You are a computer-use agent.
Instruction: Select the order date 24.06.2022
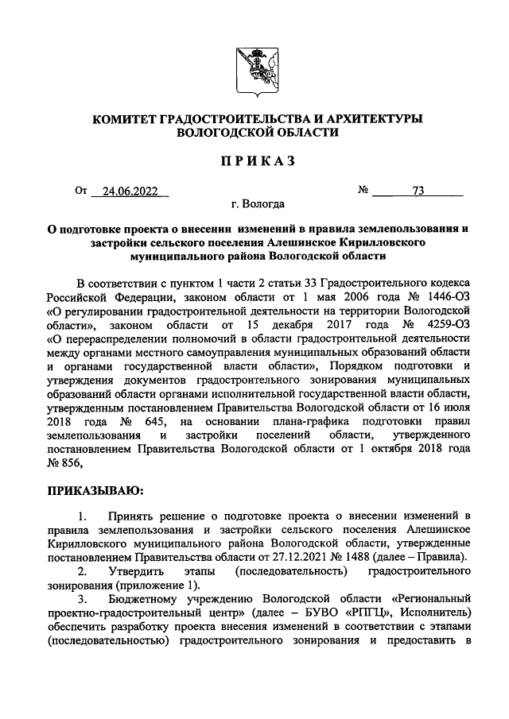[x=125, y=191]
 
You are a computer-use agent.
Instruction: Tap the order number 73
[x=418, y=191]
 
